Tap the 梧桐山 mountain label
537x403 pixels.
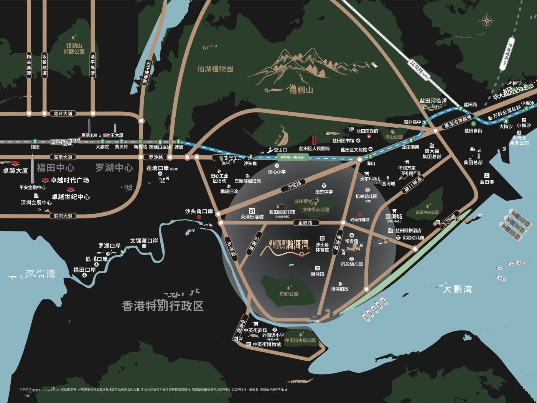point(301,90)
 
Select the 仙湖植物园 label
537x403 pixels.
point(215,69)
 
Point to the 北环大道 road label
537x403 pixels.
point(63,113)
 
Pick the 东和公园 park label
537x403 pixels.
point(289,294)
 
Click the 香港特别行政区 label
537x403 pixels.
point(163,306)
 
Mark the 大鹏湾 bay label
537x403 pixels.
point(457,289)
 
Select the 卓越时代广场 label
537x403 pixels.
point(70,180)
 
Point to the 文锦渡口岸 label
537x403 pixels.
point(144,241)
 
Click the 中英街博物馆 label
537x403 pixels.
point(267,344)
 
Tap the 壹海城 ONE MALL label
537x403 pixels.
point(394,218)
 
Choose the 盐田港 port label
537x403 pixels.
point(487,182)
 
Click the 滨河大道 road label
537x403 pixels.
point(63,216)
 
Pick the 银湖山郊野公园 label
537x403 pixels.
point(74,48)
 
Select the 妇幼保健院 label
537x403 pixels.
point(360,220)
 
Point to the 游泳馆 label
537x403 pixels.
point(317,274)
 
